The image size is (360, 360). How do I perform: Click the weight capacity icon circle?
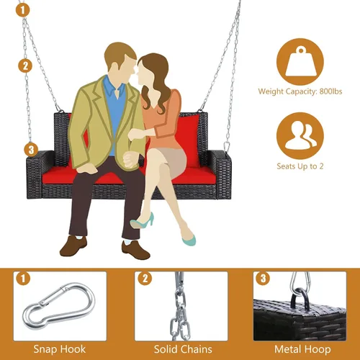300,62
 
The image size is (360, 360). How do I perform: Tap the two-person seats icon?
300,135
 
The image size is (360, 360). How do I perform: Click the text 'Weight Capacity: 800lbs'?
300,91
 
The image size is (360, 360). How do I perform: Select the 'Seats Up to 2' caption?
300,166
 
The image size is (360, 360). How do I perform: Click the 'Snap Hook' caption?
60,349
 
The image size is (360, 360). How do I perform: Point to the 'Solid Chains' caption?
183,349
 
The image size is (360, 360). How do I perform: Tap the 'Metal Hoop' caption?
302,349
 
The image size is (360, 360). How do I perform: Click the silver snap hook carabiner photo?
59,306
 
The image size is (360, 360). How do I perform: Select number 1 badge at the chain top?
23,10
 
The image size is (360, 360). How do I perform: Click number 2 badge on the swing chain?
25,66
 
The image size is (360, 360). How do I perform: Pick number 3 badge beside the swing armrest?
31,150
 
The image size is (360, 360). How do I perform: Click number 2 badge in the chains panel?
145,279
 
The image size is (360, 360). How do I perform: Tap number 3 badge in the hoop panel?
264,279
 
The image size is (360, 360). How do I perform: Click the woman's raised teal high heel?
142,221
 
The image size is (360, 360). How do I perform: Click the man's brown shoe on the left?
73,246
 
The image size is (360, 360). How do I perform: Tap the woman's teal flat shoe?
189,240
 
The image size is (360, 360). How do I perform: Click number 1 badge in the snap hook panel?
23,279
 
